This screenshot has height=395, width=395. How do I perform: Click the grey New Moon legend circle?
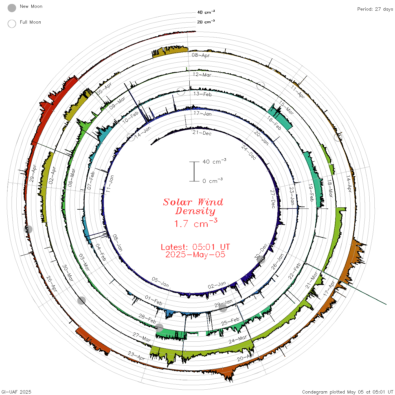12,8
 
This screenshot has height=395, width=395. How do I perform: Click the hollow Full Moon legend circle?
12,24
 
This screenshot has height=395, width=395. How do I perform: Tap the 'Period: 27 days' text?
375,9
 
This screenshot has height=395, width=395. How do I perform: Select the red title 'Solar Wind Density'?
193,207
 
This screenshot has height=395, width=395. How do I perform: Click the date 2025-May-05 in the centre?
195,254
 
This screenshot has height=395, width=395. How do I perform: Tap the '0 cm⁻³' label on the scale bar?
212,181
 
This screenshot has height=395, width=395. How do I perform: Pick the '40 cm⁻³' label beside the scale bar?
214,161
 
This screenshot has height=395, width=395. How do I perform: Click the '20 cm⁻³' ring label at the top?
206,21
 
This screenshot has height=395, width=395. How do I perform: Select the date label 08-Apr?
201,55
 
